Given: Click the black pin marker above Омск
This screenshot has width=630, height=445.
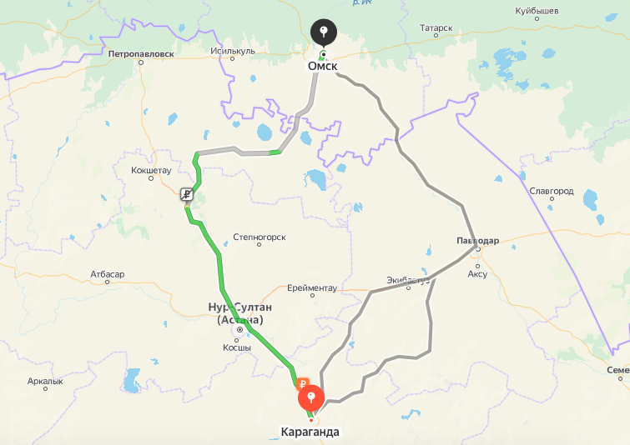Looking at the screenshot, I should pyautogui.click(x=323, y=32).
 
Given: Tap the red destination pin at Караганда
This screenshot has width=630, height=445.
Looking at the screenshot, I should pyautogui.click(x=311, y=395).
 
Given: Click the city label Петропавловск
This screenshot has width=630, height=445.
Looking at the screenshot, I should pyautogui.click(x=141, y=53).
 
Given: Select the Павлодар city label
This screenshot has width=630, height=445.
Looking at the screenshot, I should pyautogui.click(x=477, y=241).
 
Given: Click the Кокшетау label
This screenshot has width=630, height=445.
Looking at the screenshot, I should pyautogui.click(x=151, y=170).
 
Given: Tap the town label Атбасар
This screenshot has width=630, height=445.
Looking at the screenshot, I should pyautogui.click(x=108, y=274).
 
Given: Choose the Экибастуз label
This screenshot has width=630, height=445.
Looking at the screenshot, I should pyautogui.click(x=408, y=279).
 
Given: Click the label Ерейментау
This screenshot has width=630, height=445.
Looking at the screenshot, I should pyautogui.click(x=312, y=287).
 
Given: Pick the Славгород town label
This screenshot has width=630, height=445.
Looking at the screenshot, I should pyautogui.click(x=552, y=191).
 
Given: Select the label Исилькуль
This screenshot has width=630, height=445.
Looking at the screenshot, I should pyautogui.click(x=233, y=51).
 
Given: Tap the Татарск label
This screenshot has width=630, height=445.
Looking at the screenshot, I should pyautogui.click(x=436, y=27).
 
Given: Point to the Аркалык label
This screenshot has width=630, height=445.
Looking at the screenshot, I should pyautogui.click(x=45, y=381).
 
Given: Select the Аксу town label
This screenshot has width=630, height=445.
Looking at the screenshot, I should pyautogui.click(x=477, y=273).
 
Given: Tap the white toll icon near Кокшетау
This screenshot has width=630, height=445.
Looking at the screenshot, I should pyautogui.click(x=188, y=195).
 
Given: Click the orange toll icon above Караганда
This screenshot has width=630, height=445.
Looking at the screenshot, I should pyautogui.click(x=303, y=384).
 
